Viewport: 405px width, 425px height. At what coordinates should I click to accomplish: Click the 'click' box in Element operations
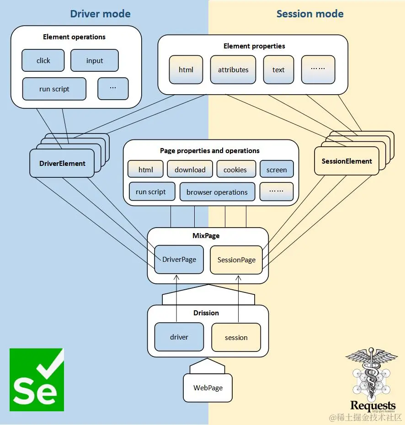[x=43, y=61]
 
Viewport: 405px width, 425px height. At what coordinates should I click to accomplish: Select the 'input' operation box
[x=95, y=61]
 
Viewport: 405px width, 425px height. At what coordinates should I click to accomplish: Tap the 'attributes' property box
[x=233, y=70]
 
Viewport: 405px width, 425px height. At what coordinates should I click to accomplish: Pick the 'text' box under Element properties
[x=278, y=70]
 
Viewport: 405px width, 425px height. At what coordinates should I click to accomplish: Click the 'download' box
[x=190, y=170]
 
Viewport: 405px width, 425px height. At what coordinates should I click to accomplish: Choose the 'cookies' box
[x=235, y=170]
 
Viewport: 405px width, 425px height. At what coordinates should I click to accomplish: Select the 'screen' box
[x=277, y=170]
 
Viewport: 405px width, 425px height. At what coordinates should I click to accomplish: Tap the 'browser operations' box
[x=217, y=192]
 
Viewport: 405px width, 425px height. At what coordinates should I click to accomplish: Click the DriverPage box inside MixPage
[x=179, y=260]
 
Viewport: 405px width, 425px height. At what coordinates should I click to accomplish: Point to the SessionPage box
[x=236, y=260]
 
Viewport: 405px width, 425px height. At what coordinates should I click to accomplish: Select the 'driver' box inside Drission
[x=179, y=337]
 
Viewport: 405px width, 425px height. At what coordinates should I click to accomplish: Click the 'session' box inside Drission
[x=236, y=338]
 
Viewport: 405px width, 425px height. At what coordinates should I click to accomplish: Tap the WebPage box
[x=208, y=388]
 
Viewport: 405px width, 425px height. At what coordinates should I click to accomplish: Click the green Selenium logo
[x=37, y=379]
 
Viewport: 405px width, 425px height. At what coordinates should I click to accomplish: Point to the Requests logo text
[x=373, y=405]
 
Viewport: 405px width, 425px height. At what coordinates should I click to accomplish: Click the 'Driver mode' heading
[x=100, y=14]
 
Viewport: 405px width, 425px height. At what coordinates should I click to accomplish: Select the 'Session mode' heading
[x=310, y=14]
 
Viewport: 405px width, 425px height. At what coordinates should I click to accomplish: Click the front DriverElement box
[x=62, y=163]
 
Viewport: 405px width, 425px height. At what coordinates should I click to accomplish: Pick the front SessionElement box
[x=346, y=161]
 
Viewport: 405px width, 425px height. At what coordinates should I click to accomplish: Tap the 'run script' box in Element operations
[x=54, y=89]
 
